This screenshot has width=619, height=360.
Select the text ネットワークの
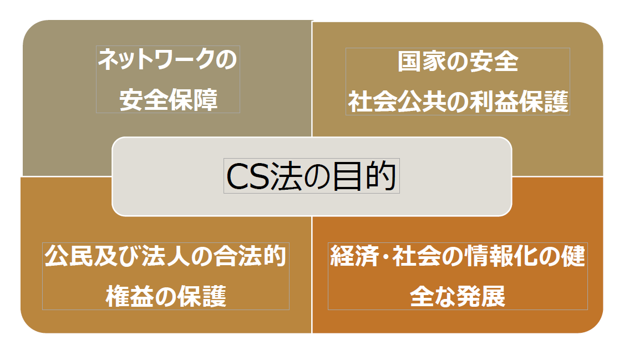pyautogui.click(x=168, y=59)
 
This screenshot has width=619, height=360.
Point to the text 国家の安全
pyautogui.click(x=458, y=62)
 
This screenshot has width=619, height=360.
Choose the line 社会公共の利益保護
pyautogui.click(x=458, y=102)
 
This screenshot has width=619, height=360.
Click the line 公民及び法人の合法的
pyautogui.click(x=165, y=256)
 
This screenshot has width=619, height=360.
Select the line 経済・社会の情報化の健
pyautogui.click(x=458, y=256)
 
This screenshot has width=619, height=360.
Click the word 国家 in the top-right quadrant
pyautogui.click(x=421, y=62)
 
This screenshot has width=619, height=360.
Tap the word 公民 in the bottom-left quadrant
pyautogui.click(x=68, y=256)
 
